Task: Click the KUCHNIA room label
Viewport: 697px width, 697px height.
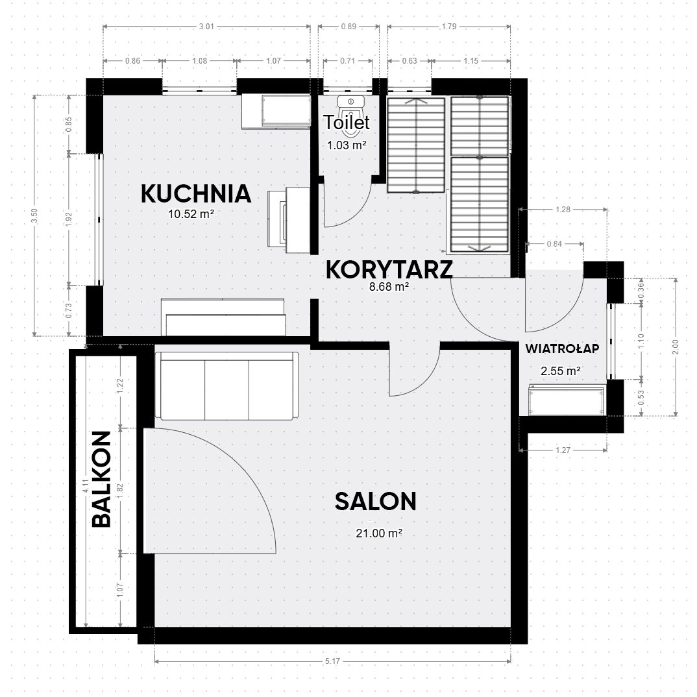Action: (196, 194)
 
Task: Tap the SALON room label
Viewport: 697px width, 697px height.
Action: (376, 502)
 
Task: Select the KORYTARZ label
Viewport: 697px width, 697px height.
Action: (389, 270)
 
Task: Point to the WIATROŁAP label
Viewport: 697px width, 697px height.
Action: (562, 348)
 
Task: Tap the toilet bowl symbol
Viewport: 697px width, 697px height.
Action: (350, 106)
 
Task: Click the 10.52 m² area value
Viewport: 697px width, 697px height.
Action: (191, 214)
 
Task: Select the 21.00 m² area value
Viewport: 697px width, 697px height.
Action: (379, 533)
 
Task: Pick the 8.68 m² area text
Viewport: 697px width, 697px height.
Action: (389, 287)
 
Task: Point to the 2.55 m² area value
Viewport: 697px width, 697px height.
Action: (561, 371)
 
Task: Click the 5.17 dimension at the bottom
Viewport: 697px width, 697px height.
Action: (332, 661)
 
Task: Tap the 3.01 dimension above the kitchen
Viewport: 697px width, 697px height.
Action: (207, 26)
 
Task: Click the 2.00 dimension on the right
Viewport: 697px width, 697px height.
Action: (676, 347)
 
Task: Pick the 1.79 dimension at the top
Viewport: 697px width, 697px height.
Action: (449, 26)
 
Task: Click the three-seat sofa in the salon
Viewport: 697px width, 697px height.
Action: (226, 385)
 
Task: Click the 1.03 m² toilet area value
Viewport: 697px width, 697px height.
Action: (347, 145)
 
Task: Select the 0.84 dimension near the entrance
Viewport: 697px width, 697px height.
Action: (554, 243)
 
